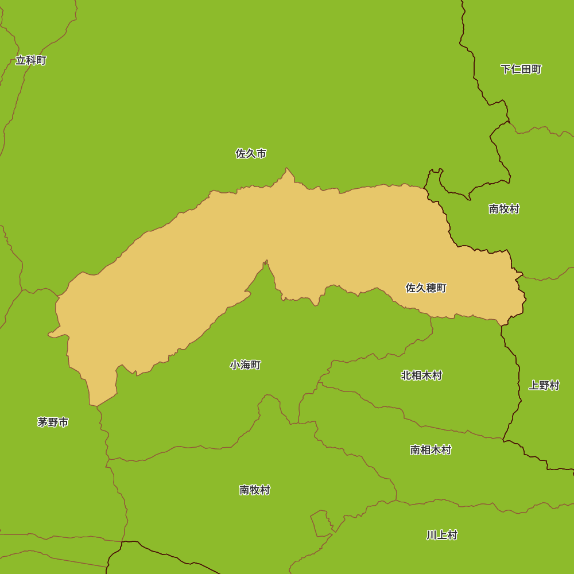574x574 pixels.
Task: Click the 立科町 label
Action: point(31,60)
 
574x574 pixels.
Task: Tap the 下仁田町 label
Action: point(521,69)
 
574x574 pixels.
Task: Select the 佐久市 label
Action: point(251,153)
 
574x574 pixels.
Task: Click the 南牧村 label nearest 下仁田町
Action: point(504,209)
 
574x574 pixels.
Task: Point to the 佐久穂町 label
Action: point(426,288)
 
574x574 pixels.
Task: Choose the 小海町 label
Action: point(245,365)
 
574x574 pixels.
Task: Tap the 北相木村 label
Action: point(421,375)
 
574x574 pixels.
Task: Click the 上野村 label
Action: point(544,385)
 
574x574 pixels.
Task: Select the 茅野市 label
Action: point(53,422)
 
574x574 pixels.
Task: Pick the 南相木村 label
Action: point(430,450)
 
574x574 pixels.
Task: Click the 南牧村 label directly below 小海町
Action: point(254,490)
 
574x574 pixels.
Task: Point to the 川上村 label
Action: point(441,535)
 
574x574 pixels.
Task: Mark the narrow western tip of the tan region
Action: point(51,334)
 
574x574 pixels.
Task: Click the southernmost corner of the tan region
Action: point(96,405)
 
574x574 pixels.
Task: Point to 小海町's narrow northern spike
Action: point(266,263)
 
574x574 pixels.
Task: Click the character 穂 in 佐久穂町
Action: point(431,288)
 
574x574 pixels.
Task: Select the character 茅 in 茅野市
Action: point(42,422)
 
